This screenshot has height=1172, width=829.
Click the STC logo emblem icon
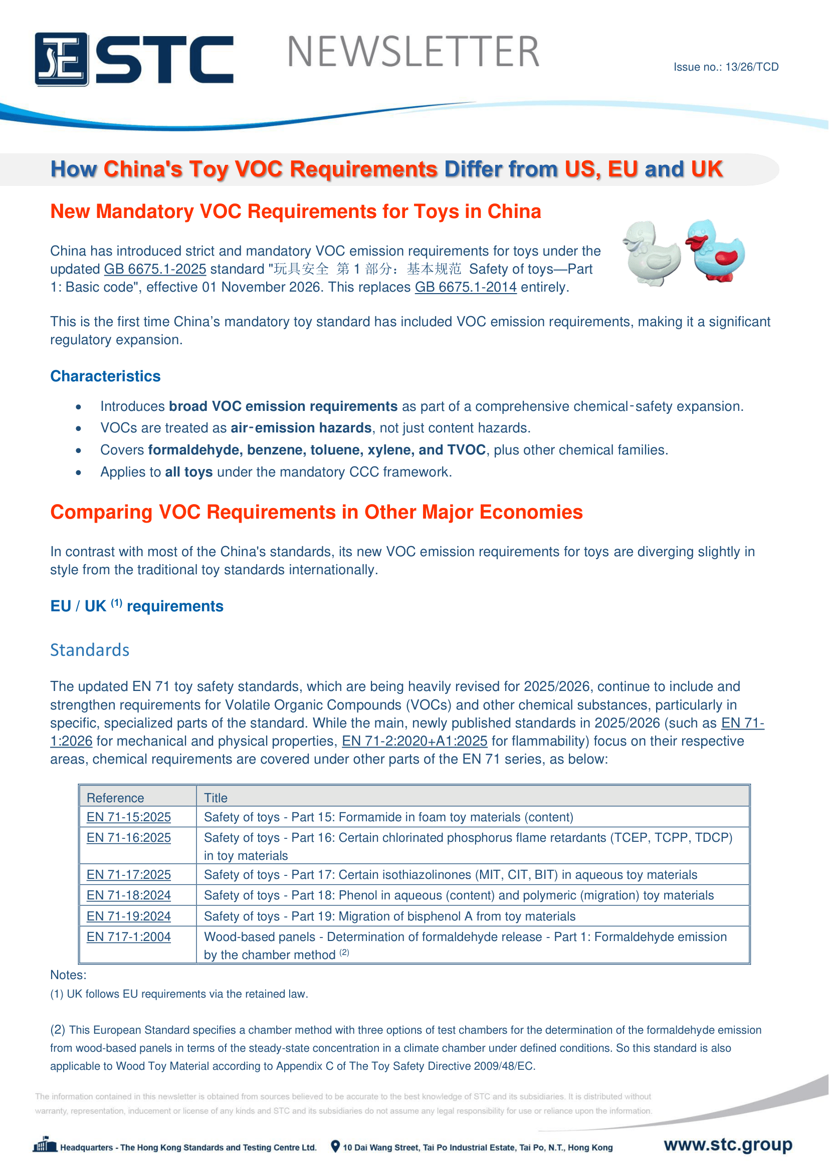pyautogui.click(x=62, y=59)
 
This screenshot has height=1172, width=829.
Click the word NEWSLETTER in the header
pyautogui.click(x=413, y=52)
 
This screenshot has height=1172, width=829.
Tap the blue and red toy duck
pyautogui.click(x=715, y=250)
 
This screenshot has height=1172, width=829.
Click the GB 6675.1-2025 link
pyautogui.click(x=155, y=269)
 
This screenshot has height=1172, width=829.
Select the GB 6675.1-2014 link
pyautogui.click(x=466, y=287)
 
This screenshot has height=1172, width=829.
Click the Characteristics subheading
pyautogui.click(x=105, y=376)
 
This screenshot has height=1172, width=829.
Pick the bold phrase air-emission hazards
pyautogui.click(x=301, y=428)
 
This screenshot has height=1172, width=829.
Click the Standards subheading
pyautogui.click(x=90, y=650)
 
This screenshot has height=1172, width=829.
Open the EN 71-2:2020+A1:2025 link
pyautogui.click(x=414, y=741)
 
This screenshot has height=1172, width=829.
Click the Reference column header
pyautogui.click(x=115, y=798)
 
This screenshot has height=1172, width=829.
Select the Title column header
pyautogui.click(x=216, y=798)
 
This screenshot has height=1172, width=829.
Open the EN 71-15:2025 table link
pyautogui.click(x=129, y=817)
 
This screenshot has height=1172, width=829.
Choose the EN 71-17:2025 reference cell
pyautogui.click(x=129, y=875)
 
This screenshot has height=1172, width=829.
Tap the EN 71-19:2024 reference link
pyautogui.click(x=129, y=916)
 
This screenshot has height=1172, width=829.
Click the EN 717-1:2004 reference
pyautogui.click(x=129, y=936)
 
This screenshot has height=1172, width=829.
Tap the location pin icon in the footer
pyautogui.click(x=335, y=1146)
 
